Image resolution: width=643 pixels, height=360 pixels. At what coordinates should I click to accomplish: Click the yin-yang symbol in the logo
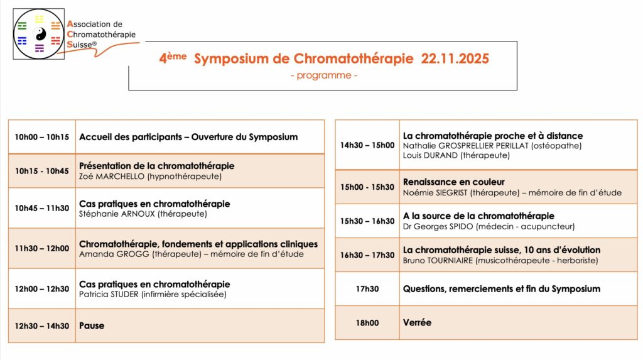(x=39, y=34)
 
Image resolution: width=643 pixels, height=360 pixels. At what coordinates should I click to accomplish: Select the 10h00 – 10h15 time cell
(x=42, y=137)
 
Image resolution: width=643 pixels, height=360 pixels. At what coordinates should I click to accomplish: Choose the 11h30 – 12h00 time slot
(x=42, y=248)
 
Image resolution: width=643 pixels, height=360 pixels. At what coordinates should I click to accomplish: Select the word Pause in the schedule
(x=92, y=325)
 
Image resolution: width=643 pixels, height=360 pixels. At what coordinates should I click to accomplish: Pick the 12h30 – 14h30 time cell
(x=42, y=325)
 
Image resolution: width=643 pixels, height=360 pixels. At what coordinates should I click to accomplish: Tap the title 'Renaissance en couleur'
(x=453, y=182)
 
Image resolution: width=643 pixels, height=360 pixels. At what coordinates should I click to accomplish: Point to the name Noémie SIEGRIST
(x=435, y=192)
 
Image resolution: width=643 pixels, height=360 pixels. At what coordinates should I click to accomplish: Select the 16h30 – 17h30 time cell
(x=367, y=255)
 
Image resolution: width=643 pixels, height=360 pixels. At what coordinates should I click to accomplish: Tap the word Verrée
(x=417, y=322)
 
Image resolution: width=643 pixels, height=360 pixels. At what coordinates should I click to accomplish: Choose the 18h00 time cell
(x=367, y=323)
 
